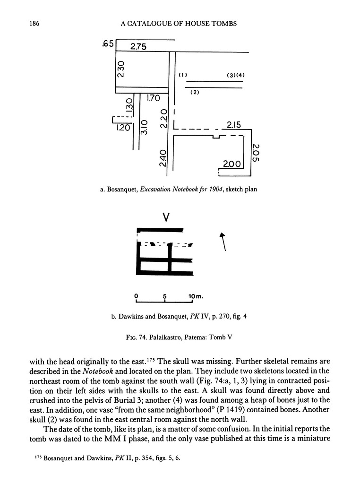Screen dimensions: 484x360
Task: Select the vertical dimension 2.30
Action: click(x=121, y=69)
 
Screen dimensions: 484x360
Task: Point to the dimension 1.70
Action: click(x=153, y=98)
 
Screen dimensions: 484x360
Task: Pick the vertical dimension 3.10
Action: click(x=145, y=127)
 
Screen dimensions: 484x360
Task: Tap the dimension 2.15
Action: click(x=234, y=125)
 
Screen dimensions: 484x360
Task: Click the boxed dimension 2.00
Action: click(x=232, y=164)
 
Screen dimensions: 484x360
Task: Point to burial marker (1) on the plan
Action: click(x=183, y=75)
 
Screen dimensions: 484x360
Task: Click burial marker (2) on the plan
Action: click(x=194, y=93)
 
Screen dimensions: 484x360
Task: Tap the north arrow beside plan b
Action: click(x=223, y=241)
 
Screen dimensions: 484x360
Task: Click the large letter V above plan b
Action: click(x=166, y=217)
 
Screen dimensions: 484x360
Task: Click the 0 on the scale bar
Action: click(x=136, y=296)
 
